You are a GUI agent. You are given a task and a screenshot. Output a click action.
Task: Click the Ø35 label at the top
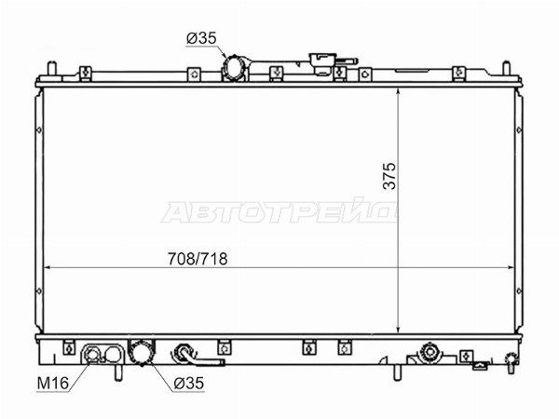point(201,38)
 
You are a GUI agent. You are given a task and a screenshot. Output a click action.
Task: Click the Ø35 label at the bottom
point(188,384)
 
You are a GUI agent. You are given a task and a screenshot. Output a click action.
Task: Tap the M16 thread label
point(53,384)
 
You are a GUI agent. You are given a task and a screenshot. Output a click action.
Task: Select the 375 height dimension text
point(389,176)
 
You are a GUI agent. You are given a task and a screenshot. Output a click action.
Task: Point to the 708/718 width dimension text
point(198,259)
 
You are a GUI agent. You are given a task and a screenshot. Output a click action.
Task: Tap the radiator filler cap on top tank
point(323,63)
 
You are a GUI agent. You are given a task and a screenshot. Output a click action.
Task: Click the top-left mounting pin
point(52,68)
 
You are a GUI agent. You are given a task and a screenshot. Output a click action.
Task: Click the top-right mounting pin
point(506,68)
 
